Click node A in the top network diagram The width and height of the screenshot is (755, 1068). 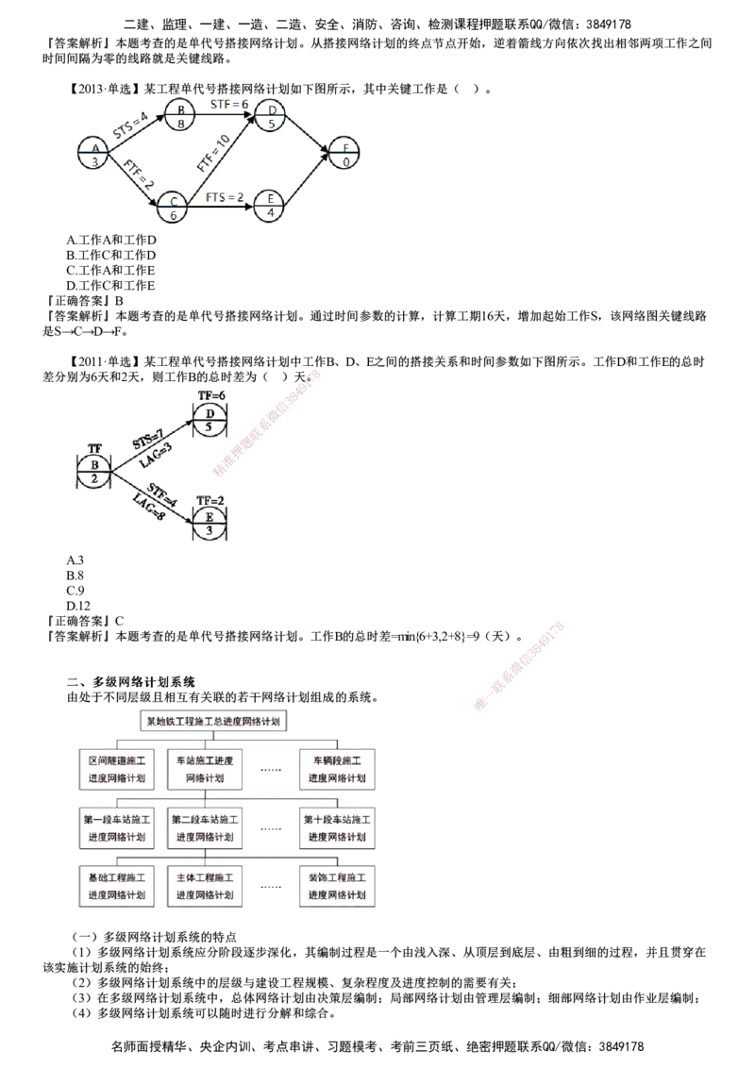click(92, 151)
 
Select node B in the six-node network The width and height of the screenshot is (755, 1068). click(177, 113)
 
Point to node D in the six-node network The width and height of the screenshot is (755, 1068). click(271, 113)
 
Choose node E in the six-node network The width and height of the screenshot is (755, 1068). click(270, 205)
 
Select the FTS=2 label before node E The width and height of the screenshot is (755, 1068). click(225, 197)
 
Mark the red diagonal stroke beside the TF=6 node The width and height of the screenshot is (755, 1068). click(268, 423)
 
